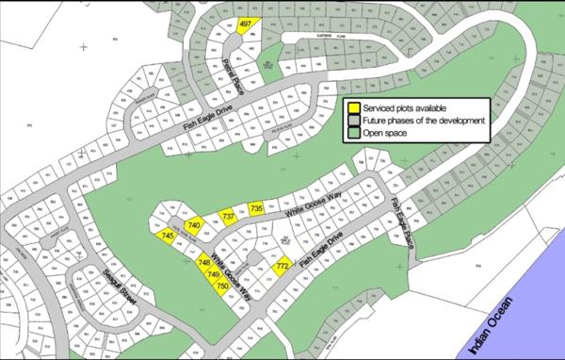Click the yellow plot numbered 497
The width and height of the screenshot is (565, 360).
246,24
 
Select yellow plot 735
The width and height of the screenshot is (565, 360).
257,208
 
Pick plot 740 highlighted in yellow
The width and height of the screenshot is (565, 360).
194,225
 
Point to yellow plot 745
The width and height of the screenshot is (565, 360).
168,237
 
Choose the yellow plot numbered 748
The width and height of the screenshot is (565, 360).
204,264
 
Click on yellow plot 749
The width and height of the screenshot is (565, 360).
213,274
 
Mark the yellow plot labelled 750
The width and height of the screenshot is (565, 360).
222,285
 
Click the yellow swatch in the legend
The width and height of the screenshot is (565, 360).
353,108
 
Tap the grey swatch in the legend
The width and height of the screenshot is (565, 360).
353,121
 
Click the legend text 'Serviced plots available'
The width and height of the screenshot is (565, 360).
401,108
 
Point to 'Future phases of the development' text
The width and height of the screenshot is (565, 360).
423,121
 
